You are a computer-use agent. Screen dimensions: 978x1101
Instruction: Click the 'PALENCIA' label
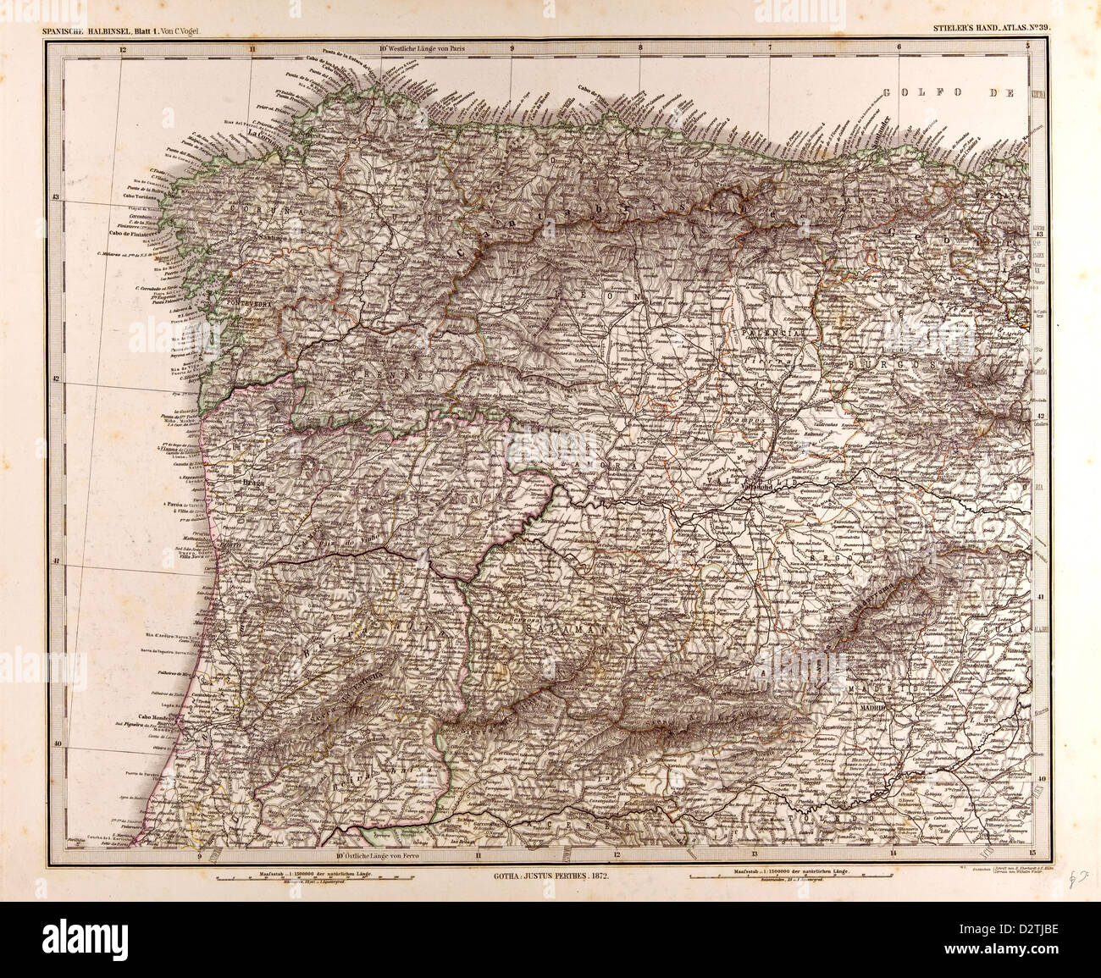[772, 335]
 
